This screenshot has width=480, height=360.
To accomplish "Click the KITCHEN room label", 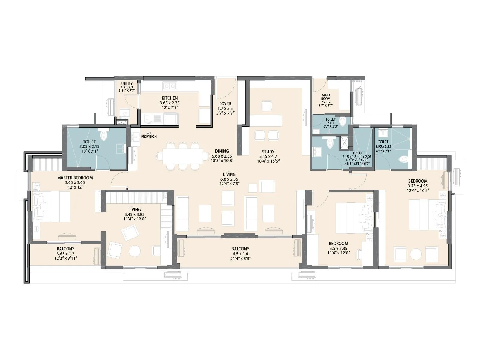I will coord(169,98).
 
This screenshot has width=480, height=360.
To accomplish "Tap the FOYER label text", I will coord(225,104).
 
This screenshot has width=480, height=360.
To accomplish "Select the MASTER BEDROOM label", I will coord(75,178).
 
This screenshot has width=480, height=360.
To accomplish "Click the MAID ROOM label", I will coord(326,97).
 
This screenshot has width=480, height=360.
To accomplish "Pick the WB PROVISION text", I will coord(151,135).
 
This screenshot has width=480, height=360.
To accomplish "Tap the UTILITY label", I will coord(127,84).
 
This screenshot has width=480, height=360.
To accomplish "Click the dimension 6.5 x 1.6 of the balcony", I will coord(240,254).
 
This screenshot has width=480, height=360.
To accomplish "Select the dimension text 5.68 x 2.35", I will coord(222,156).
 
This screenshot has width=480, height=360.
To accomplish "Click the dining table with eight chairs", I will coord(182,156).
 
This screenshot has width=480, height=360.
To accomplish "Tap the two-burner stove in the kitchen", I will coord(169,86).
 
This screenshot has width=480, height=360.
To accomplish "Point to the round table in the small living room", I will coord(134,251).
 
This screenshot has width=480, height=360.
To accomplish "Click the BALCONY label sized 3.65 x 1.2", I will coord(65,249).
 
